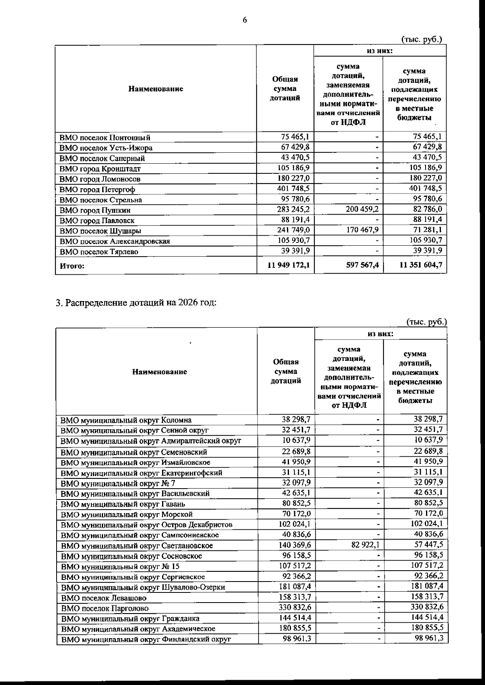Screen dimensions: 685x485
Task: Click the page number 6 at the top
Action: (x=245, y=20)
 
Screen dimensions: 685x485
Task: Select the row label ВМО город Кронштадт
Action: (x=100, y=169)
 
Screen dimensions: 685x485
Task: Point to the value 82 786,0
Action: (x=427, y=209)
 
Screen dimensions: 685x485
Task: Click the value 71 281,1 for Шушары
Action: (x=427, y=230)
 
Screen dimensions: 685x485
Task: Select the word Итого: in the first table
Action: (x=72, y=266)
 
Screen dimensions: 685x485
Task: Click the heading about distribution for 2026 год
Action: (x=136, y=303)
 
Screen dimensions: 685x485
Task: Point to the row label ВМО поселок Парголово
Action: (x=105, y=608)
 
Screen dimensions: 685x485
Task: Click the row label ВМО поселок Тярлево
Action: (x=99, y=252)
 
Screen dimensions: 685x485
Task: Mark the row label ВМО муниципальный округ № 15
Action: (x=120, y=567)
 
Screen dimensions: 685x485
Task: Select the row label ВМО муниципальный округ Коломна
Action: (x=126, y=420)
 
